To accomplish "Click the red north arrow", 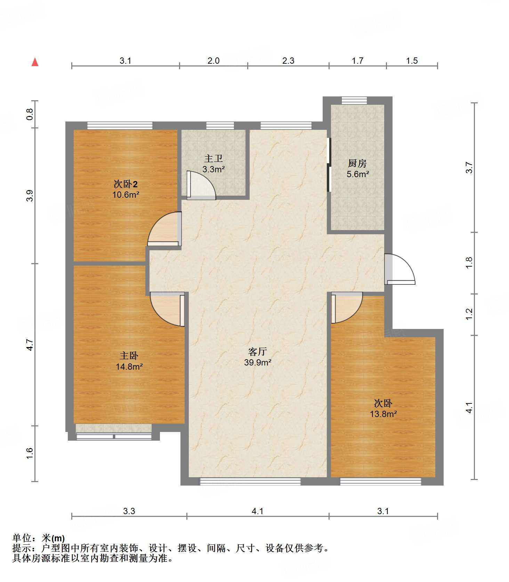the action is (x=35, y=62).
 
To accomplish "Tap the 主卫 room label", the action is (x=213, y=159).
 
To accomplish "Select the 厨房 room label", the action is (x=357, y=163).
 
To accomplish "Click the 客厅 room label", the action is (x=258, y=352).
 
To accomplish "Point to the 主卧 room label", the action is (x=129, y=356).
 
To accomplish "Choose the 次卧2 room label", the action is (x=126, y=184).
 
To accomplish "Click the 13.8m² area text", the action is (x=383, y=414).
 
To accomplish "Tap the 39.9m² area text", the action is (x=258, y=362).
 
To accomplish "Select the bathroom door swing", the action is (x=201, y=185).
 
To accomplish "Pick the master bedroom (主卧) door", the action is (x=167, y=309).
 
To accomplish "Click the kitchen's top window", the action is (x=354, y=101).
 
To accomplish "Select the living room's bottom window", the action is (x=250, y=481).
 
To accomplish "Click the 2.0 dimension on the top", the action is (x=213, y=61).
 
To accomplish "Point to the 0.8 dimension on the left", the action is (x=30, y=115).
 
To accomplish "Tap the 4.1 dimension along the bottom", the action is (x=258, y=511).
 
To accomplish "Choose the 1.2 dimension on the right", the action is (x=469, y=314).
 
